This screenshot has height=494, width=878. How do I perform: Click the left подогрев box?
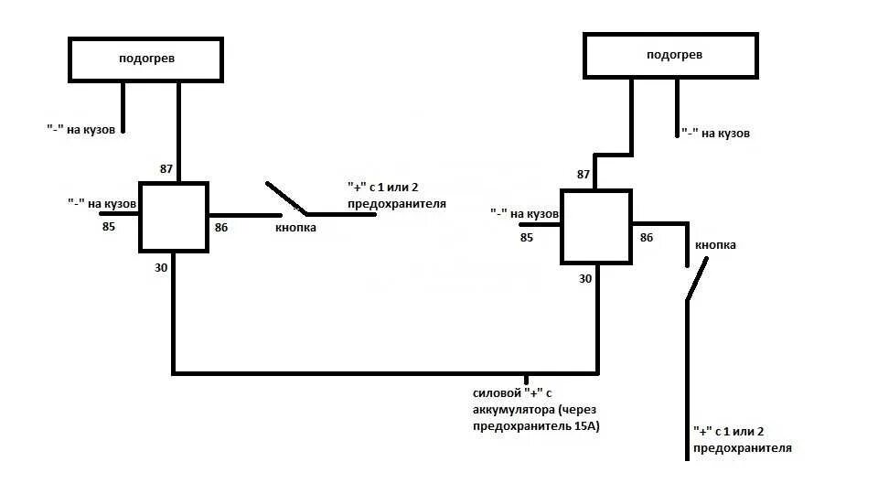[x=145, y=59]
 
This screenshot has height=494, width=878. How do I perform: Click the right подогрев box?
[x=670, y=56]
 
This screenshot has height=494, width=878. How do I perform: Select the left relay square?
[x=174, y=216]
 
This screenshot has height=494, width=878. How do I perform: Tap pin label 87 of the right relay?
[x=584, y=174]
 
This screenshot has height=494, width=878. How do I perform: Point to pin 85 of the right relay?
[x=526, y=238]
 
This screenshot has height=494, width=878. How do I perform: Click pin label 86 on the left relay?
[x=220, y=227]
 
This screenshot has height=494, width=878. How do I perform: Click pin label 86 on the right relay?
[x=647, y=238]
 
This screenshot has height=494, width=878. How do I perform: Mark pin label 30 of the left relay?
[x=161, y=268]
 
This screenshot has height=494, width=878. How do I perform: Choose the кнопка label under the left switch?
[x=295, y=228]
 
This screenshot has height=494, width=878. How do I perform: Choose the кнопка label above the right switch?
[x=715, y=245]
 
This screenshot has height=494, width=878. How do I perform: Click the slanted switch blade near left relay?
[x=285, y=197]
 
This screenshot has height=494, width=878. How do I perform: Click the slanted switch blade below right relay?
[x=697, y=279]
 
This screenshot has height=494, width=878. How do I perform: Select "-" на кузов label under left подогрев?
[x=81, y=130]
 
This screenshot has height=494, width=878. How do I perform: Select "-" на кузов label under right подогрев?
[x=715, y=134]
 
